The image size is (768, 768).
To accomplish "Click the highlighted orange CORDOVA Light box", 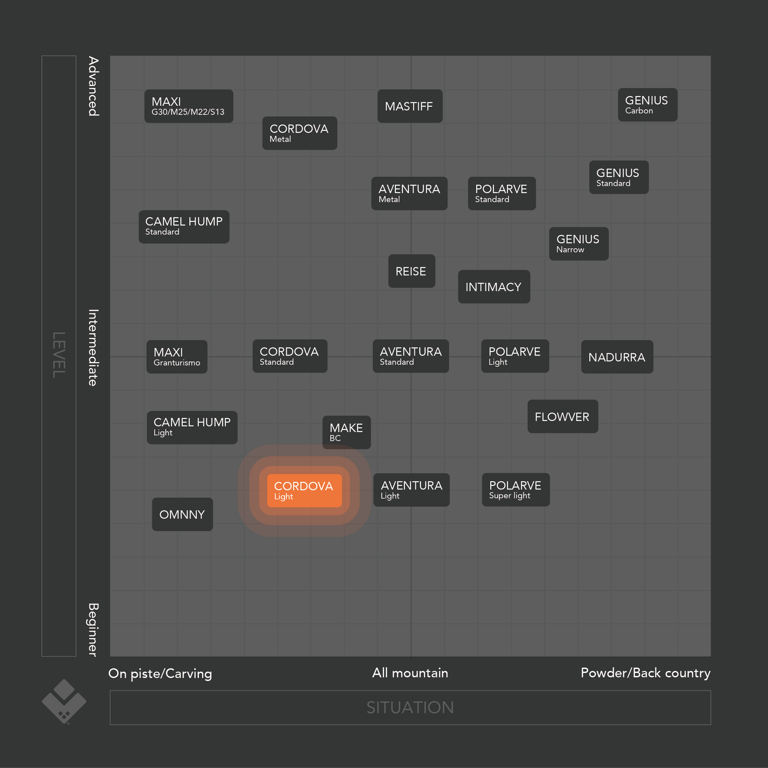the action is pos(304,491).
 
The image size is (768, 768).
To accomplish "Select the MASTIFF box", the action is pos(410,106).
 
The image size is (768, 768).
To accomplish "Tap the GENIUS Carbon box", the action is pos(648,105).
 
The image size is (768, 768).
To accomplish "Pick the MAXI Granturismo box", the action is pos(177,357).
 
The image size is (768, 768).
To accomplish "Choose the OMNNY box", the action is pos(182,514).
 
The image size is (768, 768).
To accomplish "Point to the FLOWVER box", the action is pos(563,416).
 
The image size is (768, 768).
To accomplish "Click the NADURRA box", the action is pos(617,357).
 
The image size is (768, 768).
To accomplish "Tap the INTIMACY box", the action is pos(494,287).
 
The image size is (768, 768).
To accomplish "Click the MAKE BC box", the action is pos(347,433).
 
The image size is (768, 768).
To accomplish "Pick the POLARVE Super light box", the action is pos(516,490).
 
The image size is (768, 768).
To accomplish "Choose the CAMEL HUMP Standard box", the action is pos(184,227).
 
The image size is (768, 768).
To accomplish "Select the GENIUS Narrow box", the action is pos(579,244).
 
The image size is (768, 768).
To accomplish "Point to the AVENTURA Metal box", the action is pos(409,193).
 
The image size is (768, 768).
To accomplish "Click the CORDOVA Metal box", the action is pos(300,133).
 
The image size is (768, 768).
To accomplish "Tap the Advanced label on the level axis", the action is pos(94,86).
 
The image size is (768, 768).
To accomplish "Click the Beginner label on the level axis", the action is pos(93,629).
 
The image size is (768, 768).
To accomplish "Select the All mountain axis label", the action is pos(410,672).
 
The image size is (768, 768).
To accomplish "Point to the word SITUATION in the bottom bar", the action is pos(410,708).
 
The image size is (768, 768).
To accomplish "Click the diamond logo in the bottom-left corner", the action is pos(64,702).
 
